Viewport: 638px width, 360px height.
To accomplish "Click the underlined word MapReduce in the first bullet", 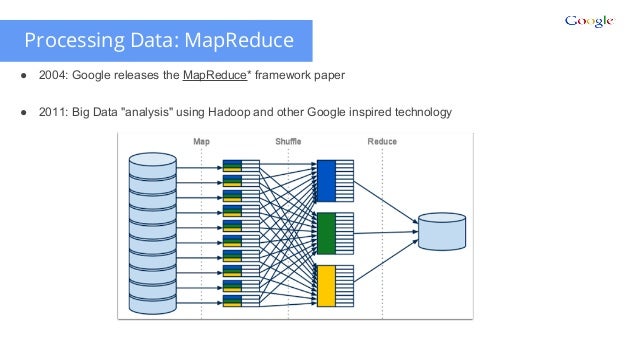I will tap(216, 76).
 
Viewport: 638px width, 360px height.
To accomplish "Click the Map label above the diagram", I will tap(201, 142).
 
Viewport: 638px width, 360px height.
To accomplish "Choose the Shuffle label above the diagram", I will tap(288, 142).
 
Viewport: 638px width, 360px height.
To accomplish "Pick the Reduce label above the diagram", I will tap(382, 142).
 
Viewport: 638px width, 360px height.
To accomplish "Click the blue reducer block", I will tap(327, 179).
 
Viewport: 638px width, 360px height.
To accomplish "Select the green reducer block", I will tap(327, 231).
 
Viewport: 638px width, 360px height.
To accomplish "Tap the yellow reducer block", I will tap(327, 284).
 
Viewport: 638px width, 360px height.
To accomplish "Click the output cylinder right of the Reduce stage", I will tap(442, 232).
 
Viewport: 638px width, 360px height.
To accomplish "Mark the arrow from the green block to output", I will tap(385, 232).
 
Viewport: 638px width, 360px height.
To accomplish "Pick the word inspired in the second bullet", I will tap(360, 111).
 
